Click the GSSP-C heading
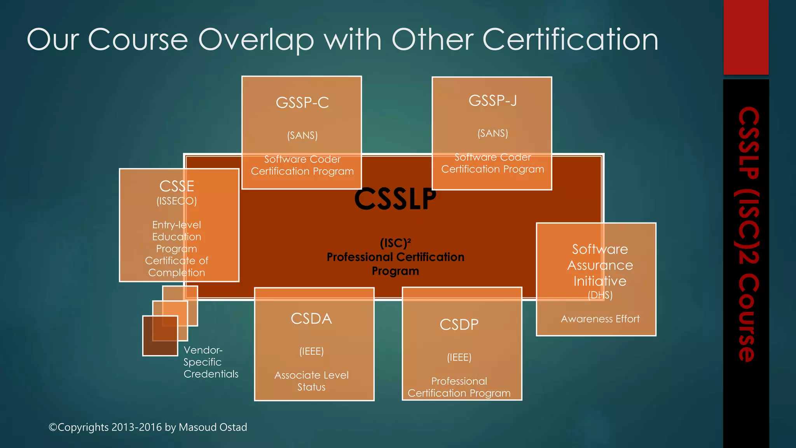point(302,103)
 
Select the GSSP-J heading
point(492,101)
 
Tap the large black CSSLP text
point(395,199)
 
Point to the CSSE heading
point(177,186)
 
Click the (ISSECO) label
point(177,201)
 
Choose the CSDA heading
point(311,319)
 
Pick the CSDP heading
point(459,325)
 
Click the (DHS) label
point(600,295)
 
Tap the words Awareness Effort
point(600,319)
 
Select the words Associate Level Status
point(311,381)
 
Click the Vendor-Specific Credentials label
point(211,362)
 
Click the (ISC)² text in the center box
point(395,243)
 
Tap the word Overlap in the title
point(256,40)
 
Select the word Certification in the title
point(570,40)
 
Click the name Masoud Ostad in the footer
point(213,427)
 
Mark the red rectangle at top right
point(746,37)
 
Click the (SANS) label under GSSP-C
point(302,135)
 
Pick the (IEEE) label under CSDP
point(459,357)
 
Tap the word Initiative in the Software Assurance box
point(600,281)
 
